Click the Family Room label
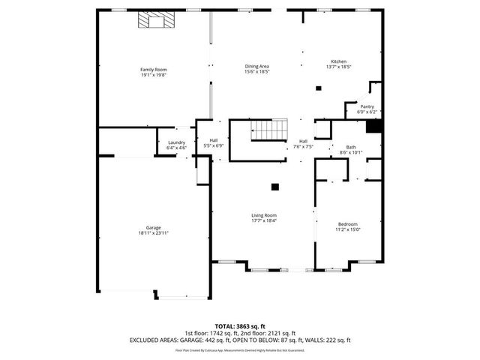pos(153,70)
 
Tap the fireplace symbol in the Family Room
pos(154,20)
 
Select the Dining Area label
pos(256,66)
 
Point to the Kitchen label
pos(339,61)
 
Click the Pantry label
pos(367,106)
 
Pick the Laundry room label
pos(176,142)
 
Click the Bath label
pos(351,147)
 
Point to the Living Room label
pos(264,215)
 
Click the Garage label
pos(153,228)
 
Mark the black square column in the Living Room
pos(275,186)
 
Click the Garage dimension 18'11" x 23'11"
pos(153,233)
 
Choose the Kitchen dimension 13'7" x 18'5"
pos(339,67)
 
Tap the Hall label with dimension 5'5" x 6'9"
pos(213,140)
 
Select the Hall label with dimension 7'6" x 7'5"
pos(303,141)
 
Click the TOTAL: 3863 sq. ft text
pos(239,326)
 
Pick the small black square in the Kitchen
pos(318,88)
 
